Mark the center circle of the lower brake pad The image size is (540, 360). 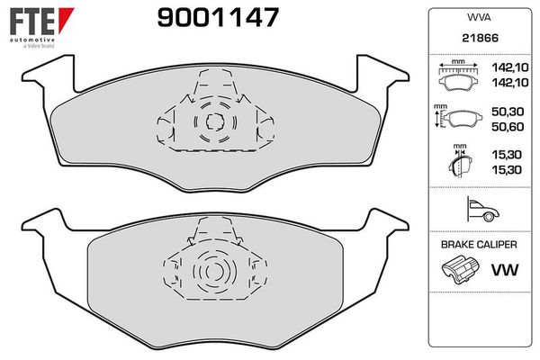pos(212,271)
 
